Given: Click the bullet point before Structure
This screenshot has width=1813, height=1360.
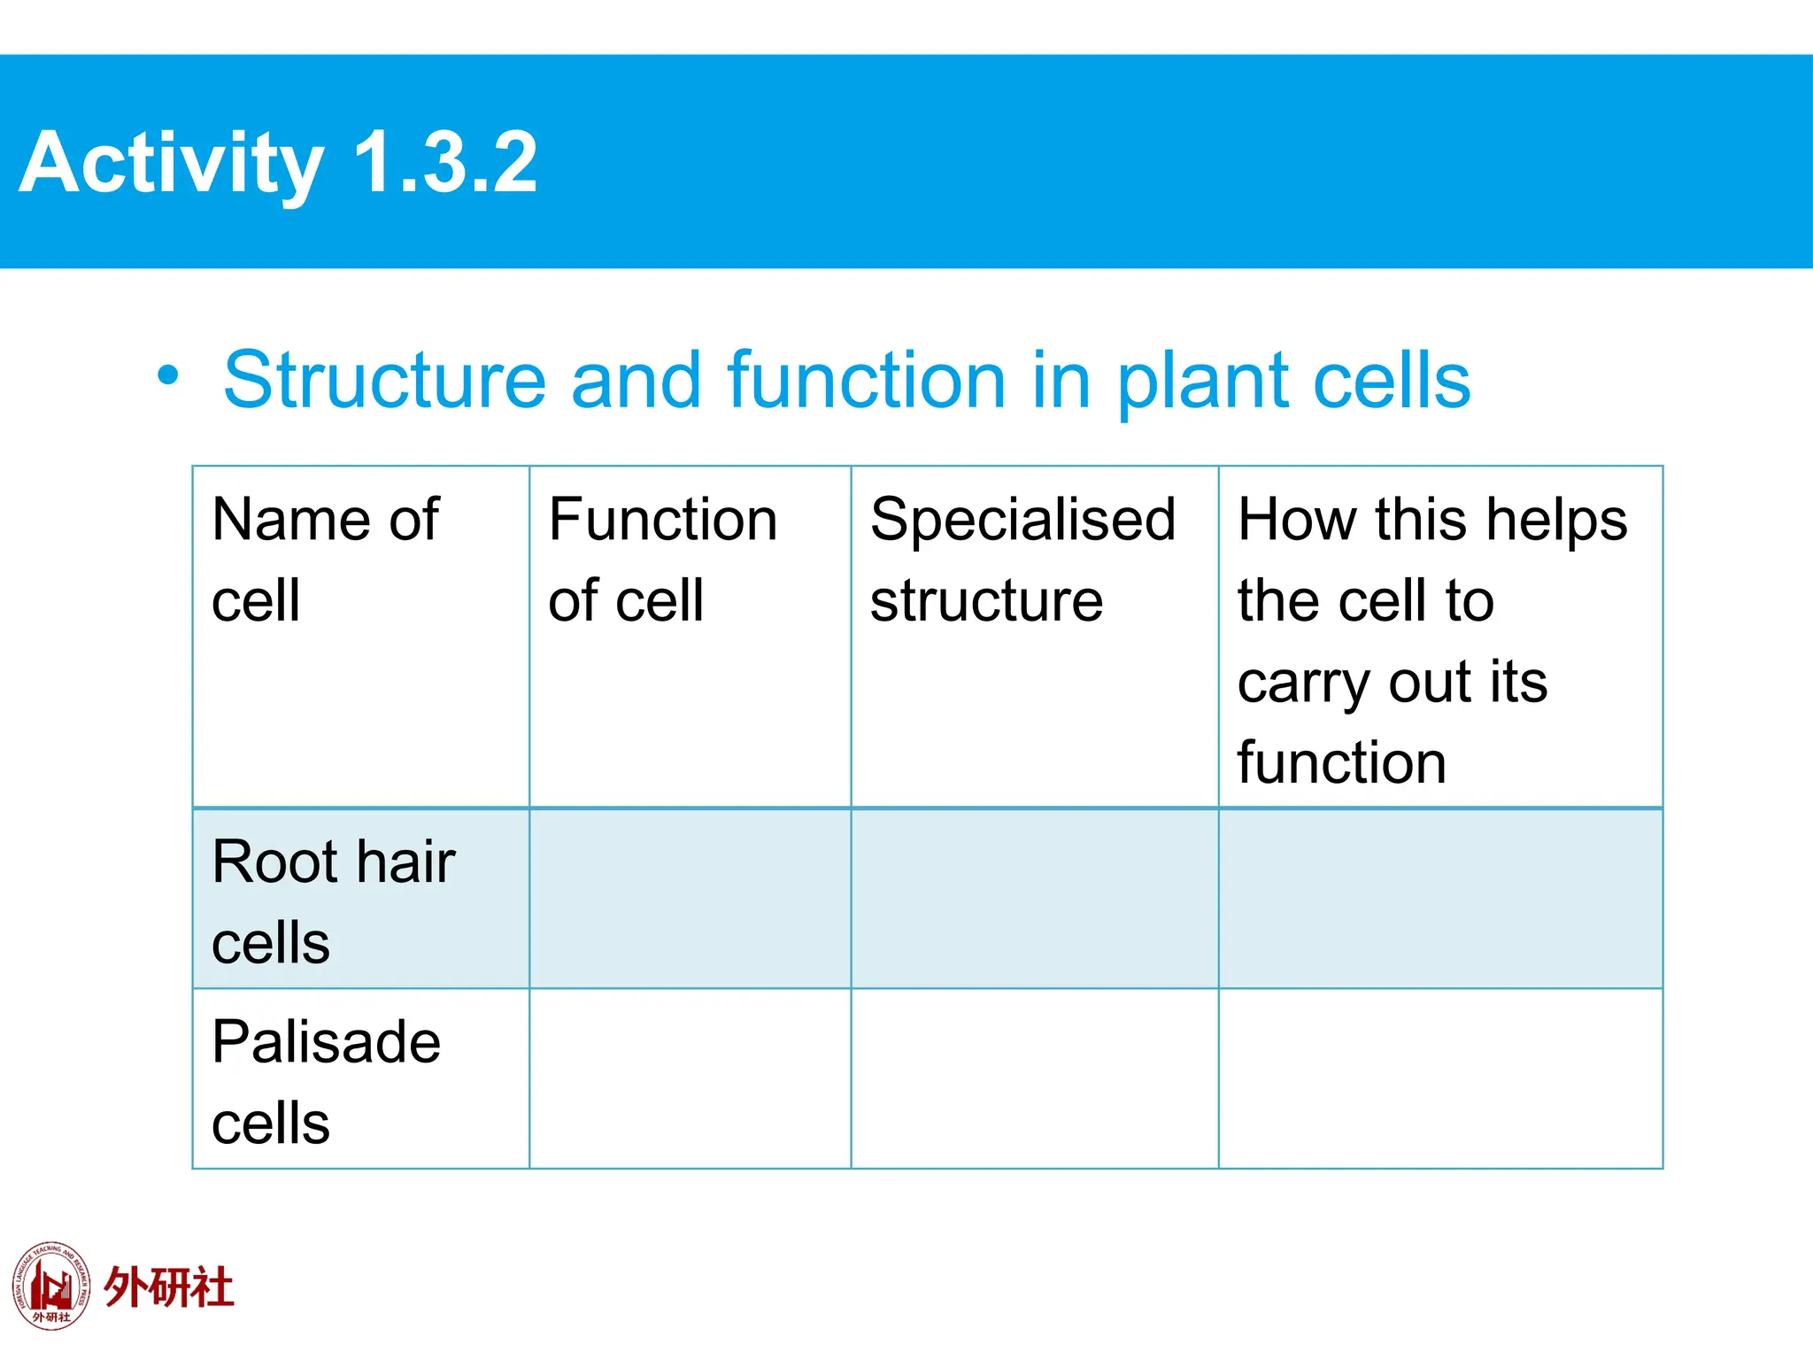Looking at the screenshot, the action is (x=167, y=375).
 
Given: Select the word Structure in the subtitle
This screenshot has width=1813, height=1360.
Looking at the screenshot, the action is (x=384, y=381).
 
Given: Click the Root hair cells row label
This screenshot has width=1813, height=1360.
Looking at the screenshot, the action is (x=333, y=901).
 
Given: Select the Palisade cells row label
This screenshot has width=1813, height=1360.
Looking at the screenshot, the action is (x=326, y=1081).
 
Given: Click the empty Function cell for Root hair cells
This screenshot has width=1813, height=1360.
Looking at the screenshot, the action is (x=690, y=899).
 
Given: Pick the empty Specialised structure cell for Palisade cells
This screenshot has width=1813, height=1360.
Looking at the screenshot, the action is (x=1034, y=1078).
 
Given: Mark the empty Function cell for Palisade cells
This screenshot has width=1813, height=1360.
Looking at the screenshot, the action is (x=690, y=1078).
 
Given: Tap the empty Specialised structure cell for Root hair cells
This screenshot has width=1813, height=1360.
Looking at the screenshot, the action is (x=1034, y=899).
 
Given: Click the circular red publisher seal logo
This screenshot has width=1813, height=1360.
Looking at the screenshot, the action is (x=51, y=1286).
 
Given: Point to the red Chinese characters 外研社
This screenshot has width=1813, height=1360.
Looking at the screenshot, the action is (x=169, y=1287).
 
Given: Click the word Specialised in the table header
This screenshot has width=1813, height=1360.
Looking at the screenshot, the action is (x=1022, y=520).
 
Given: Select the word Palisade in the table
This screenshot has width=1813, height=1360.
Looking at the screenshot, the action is (x=326, y=1041).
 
